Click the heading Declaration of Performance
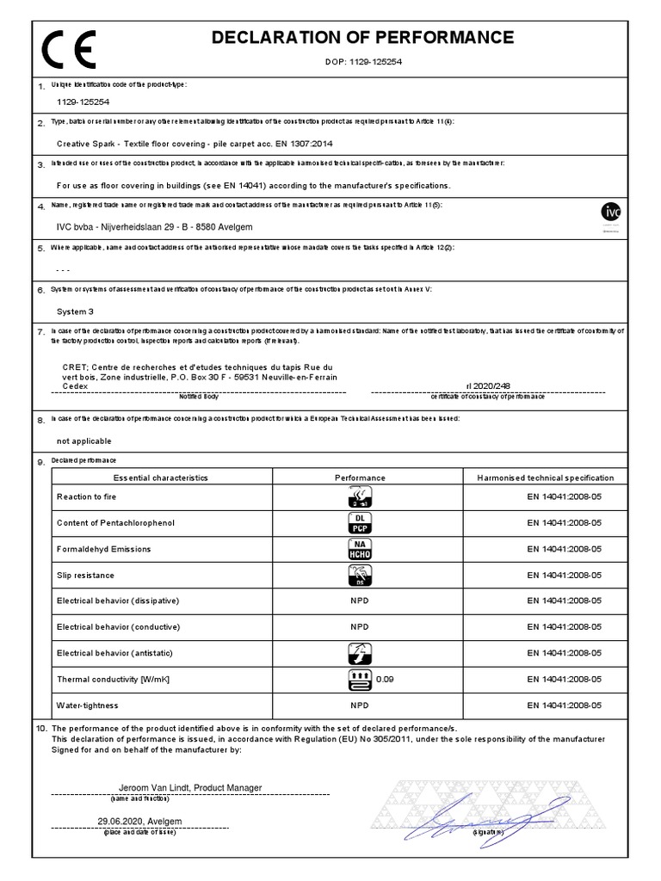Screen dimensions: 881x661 coord(362,37)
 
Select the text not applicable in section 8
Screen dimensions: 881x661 coord(83,440)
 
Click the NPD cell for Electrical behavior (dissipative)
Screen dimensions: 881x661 coord(359,600)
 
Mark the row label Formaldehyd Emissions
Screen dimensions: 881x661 coord(103,549)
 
